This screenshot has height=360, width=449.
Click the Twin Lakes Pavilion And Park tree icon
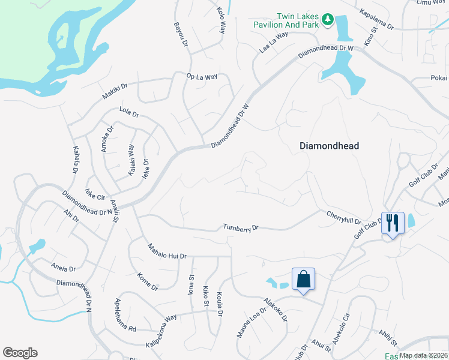[x=327, y=20]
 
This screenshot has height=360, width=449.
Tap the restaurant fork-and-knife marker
[x=393, y=223]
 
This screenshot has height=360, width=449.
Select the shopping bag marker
[x=303, y=278]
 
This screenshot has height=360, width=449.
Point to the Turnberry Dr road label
[x=240, y=228]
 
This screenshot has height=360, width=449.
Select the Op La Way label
[x=202, y=77]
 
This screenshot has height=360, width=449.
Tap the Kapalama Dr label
[x=376, y=19]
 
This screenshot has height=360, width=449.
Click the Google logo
[x=20, y=353]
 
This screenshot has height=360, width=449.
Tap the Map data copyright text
[x=424, y=355]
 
